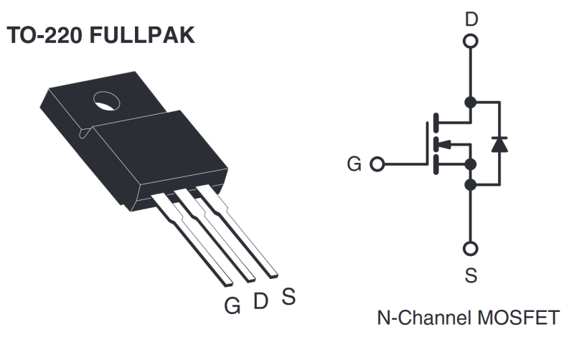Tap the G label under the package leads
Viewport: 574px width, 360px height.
pyautogui.click(x=232, y=305)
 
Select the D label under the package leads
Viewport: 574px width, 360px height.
pyautogui.click(x=260, y=300)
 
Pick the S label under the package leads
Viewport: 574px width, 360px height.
pyautogui.click(x=288, y=295)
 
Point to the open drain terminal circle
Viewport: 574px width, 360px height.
pyautogui.click(x=471, y=42)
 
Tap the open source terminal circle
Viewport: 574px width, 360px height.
pyautogui.click(x=471, y=249)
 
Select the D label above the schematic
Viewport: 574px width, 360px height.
pyautogui.click(x=471, y=19)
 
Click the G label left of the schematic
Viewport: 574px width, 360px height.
pyautogui.click(x=354, y=164)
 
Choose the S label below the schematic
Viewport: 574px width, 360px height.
pyautogui.click(x=471, y=275)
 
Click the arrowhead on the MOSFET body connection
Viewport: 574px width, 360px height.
pyautogui.click(x=445, y=143)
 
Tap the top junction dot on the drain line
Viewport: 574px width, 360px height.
pyautogui.click(x=471, y=101)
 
